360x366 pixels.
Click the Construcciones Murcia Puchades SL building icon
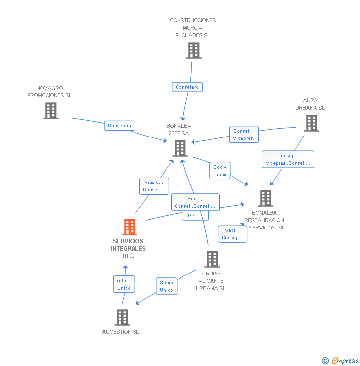click(x=193, y=50)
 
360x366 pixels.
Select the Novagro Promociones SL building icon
click(x=50, y=111)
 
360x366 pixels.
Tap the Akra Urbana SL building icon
click(x=311, y=123)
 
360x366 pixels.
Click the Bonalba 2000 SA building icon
click(x=180, y=148)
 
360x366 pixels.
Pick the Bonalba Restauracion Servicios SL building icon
click(x=265, y=198)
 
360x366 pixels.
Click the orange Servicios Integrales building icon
click(x=129, y=227)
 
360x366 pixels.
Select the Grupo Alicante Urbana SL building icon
click(x=212, y=259)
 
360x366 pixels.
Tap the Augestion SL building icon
click(x=122, y=318)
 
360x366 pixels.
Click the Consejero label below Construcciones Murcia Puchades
click(x=187, y=87)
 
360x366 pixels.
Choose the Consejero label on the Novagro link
click(x=120, y=126)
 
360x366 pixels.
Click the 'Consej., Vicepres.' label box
click(x=244, y=135)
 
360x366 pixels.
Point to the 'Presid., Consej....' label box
click(x=154, y=186)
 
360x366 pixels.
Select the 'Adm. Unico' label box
click(x=124, y=284)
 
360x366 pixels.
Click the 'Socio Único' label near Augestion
click(x=167, y=286)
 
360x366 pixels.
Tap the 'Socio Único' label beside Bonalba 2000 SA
click(x=220, y=171)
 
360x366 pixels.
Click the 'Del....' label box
click(x=195, y=216)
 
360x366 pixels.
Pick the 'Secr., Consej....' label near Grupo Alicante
click(x=232, y=234)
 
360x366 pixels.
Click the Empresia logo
click(x=341, y=360)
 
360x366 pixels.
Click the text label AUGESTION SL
click(x=121, y=332)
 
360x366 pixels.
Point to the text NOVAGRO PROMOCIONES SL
click(x=49, y=91)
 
